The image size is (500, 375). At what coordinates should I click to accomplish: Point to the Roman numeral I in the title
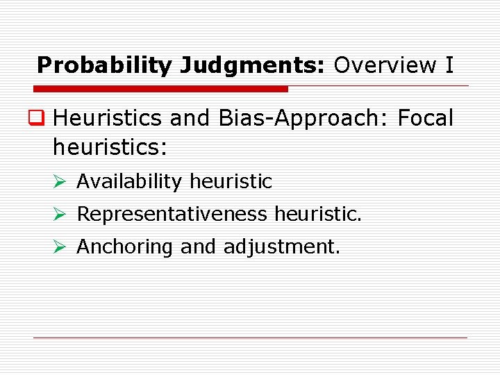coord(449,65)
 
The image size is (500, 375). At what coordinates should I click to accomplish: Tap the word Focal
coord(425,118)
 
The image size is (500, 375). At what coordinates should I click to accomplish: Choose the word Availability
coord(129,182)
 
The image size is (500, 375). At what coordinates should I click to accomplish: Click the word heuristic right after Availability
coord(231,182)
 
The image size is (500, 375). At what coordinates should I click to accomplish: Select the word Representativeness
coord(172,215)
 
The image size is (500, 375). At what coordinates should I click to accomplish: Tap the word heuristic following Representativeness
coord(318,215)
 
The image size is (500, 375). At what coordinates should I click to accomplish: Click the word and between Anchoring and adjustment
coord(198,247)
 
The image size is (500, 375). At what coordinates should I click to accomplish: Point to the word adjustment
coord(281,247)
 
